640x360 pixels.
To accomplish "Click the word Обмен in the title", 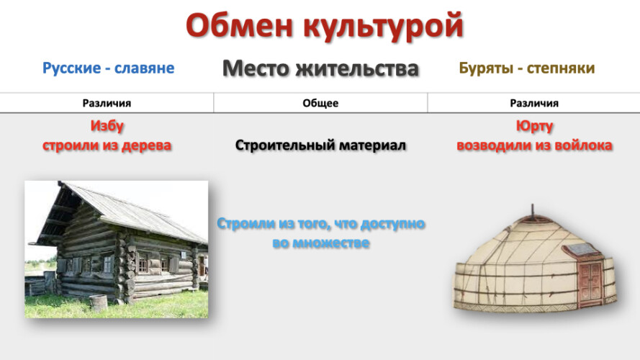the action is tap(240, 26).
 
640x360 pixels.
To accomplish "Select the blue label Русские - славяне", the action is tap(108, 68).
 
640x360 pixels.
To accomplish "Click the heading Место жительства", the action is tap(320, 68).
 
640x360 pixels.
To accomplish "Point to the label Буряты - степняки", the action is tap(527, 68).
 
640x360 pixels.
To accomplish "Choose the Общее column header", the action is tap(320, 103).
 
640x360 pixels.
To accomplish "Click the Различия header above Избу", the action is tap(107, 103).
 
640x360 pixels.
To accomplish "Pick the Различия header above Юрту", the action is tap(534, 103).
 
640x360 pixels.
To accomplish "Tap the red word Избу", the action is tap(107, 126).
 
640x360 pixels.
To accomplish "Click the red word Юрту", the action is tap(534, 126).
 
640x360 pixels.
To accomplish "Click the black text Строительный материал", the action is tap(320, 145).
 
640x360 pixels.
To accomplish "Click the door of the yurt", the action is tap(590, 282).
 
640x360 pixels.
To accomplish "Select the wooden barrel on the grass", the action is tap(98, 303).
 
